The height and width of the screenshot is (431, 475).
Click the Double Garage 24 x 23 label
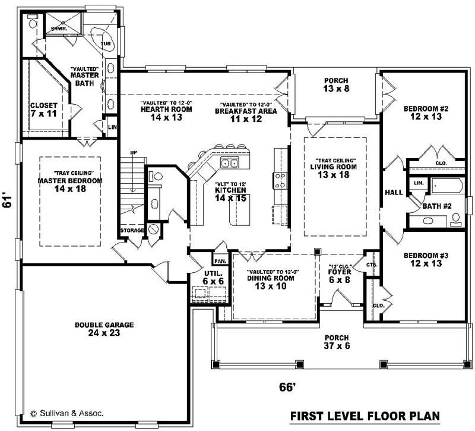104,329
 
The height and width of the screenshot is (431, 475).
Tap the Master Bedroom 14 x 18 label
69,184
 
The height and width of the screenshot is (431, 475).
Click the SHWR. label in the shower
58,28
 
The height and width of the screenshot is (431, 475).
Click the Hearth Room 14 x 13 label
161,113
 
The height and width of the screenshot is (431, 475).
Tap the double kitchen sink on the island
229,163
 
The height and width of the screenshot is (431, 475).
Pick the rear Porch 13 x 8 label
335,84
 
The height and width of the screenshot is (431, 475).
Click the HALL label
394,193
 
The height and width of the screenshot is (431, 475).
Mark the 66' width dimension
287,387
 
